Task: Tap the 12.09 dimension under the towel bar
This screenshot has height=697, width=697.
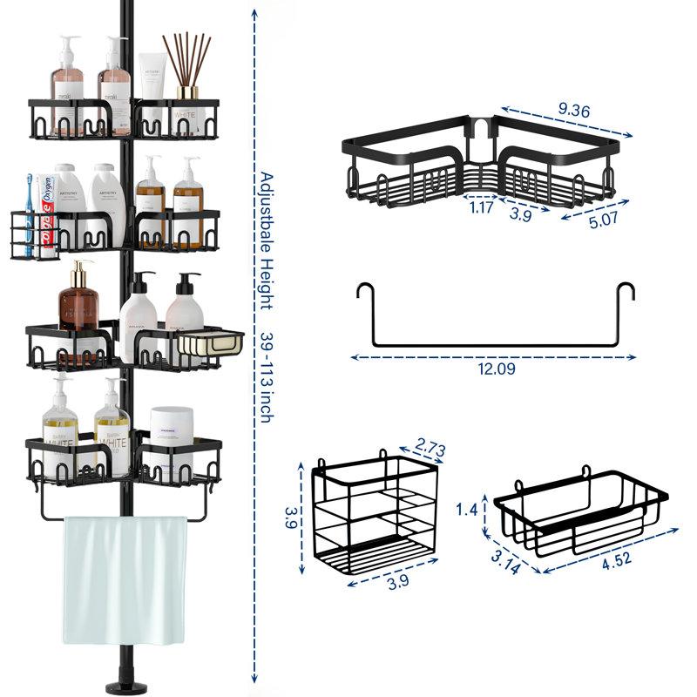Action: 496,369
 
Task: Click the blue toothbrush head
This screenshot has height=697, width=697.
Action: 29,185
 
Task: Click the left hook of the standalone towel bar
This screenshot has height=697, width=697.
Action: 362,295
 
